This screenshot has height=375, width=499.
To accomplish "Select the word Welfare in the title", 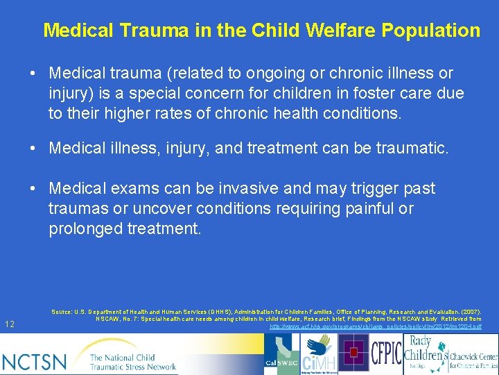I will pyautogui.click(x=326, y=31).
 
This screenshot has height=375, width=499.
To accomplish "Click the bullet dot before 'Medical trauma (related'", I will pyautogui.click(x=33, y=74).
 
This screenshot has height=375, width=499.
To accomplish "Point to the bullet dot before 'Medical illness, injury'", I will pyautogui.click(x=33, y=148).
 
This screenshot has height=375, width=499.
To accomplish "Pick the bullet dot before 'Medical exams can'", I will pyautogui.click(x=33, y=189).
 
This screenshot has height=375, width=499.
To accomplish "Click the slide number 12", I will pyautogui.click(x=10, y=324).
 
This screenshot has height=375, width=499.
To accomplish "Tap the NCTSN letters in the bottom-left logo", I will pyautogui.click(x=35, y=360).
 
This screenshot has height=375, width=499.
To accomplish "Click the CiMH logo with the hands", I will pyautogui.click(x=321, y=354).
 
